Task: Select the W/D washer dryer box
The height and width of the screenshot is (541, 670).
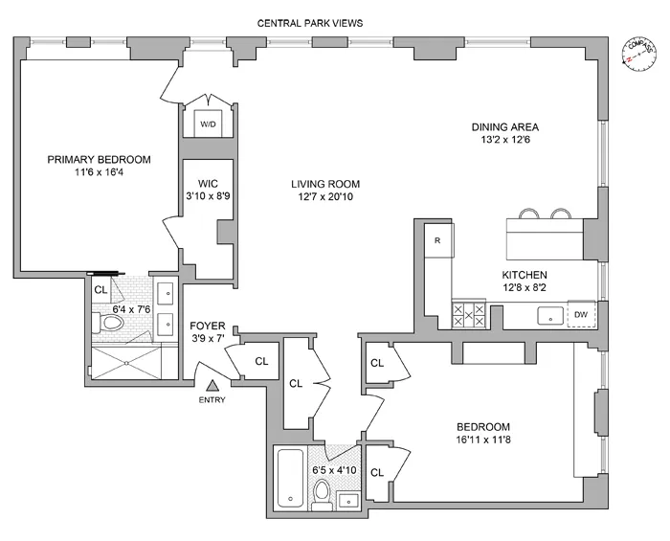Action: [x=208, y=124]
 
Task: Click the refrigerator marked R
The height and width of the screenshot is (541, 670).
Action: [x=436, y=240]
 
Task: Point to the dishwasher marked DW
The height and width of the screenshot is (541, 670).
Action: [x=580, y=314]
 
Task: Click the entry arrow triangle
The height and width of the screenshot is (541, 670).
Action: [x=212, y=384]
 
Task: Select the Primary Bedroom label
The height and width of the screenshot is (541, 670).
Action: [x=100, y=159]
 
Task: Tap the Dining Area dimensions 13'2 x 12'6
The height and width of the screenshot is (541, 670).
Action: [x=505, y=141]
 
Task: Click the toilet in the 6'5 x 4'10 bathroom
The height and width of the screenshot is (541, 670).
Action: [x=322, y=492]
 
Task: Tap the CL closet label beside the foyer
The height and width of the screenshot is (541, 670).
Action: [x=261, y=361]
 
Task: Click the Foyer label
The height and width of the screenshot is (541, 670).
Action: [x=208, y=326]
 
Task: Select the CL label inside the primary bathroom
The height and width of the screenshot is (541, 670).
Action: [x=100, y=289]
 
